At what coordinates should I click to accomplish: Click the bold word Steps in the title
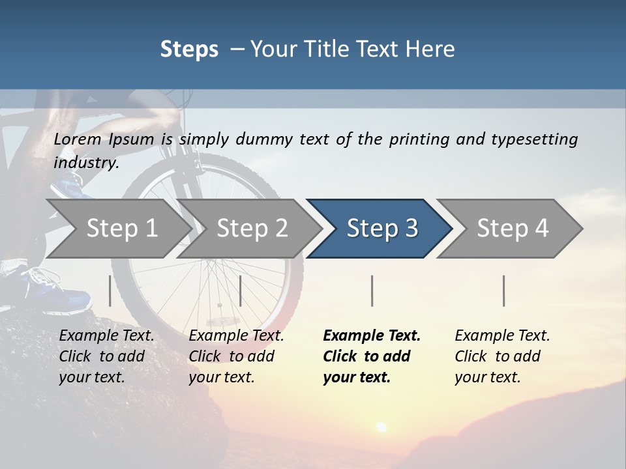(189, 49)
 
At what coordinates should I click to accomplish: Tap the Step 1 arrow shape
(121, 228)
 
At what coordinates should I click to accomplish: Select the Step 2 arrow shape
(252, 228)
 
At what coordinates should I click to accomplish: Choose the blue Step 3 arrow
(382, 228)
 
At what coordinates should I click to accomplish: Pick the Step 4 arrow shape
(513, 228)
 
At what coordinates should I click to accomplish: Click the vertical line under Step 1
(110, 291)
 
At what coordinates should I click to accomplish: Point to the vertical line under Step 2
(241, 291)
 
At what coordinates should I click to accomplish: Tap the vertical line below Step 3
(372, 291)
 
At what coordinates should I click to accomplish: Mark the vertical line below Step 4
(504, 291)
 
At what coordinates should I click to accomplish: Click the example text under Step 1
(106, 356)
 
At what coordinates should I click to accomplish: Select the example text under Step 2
(236, 356)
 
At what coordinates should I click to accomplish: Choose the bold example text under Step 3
(372, 356)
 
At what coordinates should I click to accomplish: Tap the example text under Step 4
(502, 356)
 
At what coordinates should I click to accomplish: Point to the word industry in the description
(86, 162)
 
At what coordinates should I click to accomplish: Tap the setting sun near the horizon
(380, 427)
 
